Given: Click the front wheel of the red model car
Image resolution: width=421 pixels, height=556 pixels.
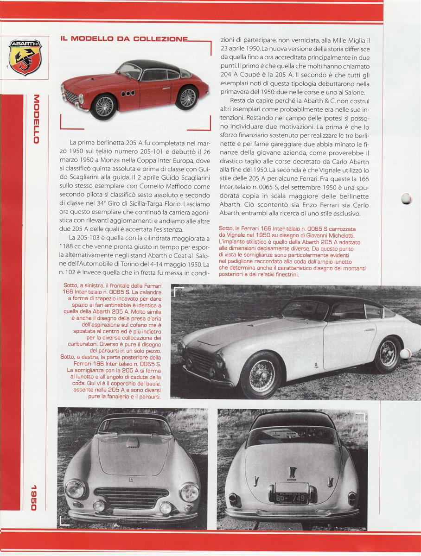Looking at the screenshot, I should coord(104,106).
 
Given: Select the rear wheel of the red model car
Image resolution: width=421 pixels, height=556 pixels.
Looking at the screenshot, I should coord(187,97).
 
